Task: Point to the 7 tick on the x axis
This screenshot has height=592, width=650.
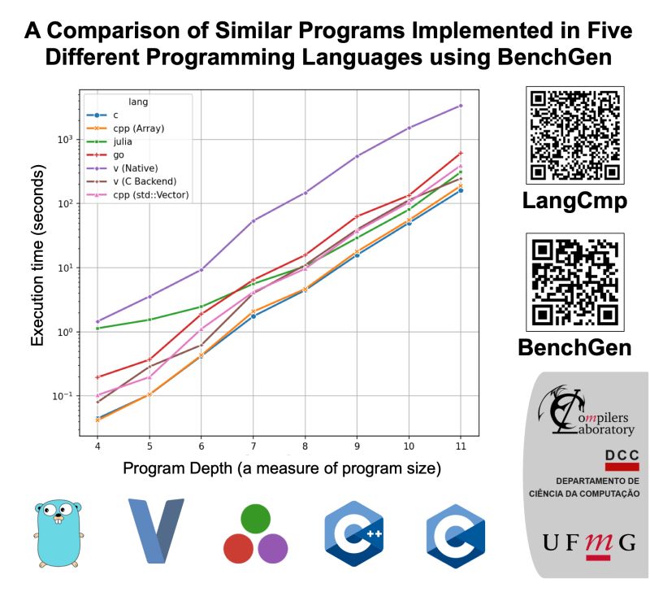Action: coord(253,446)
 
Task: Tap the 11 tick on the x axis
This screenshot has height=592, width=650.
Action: coord(461,446)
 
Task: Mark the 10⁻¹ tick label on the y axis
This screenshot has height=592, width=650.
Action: coord(66,396)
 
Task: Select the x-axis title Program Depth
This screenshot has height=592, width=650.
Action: coord(281,469)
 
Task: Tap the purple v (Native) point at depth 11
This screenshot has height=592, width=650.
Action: coord(461,106)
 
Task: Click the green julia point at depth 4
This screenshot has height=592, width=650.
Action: coord(97,328)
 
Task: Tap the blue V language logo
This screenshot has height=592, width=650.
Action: coord(156,530)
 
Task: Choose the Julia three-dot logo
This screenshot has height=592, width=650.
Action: coord(256,533)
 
